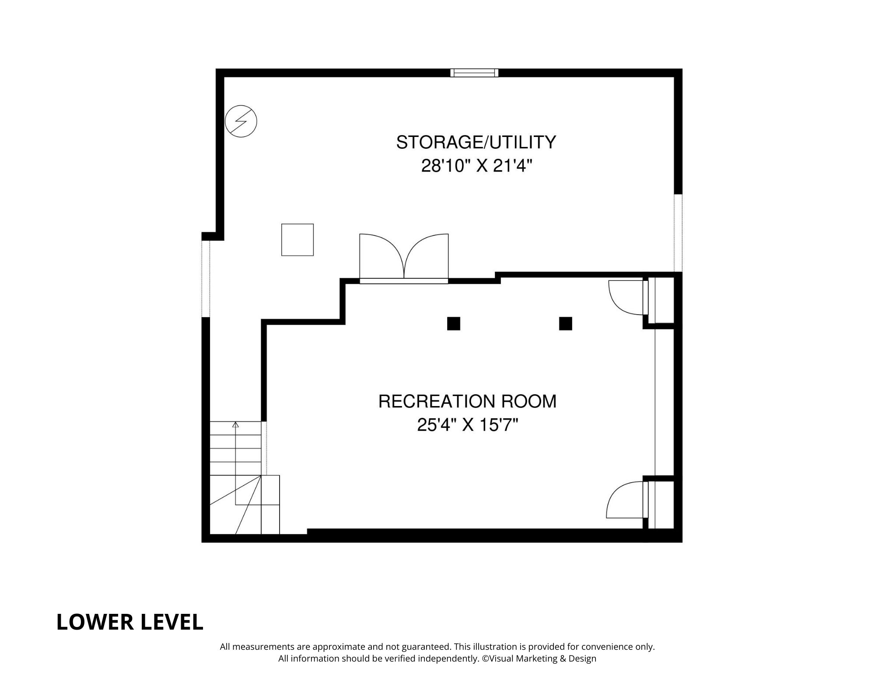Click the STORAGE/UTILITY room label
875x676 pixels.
tap(476, 143)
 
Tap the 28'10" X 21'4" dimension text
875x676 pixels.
tap(476, 166)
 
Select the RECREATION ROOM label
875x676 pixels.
tap(467, 401)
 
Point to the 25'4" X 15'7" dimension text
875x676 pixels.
tap(467, 425)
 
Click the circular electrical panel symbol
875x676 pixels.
tap(241, 121)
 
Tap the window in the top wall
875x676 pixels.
tap(474, 73)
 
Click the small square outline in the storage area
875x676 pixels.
tap(297, 240)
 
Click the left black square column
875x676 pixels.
tap(454, 323)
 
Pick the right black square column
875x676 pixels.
tap(565, 323)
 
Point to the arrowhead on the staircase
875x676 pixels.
tap(235, 424)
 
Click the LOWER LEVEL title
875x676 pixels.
tap(130, 622)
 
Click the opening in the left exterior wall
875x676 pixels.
tap(206, 279)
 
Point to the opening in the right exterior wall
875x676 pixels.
tap(678, 232)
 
